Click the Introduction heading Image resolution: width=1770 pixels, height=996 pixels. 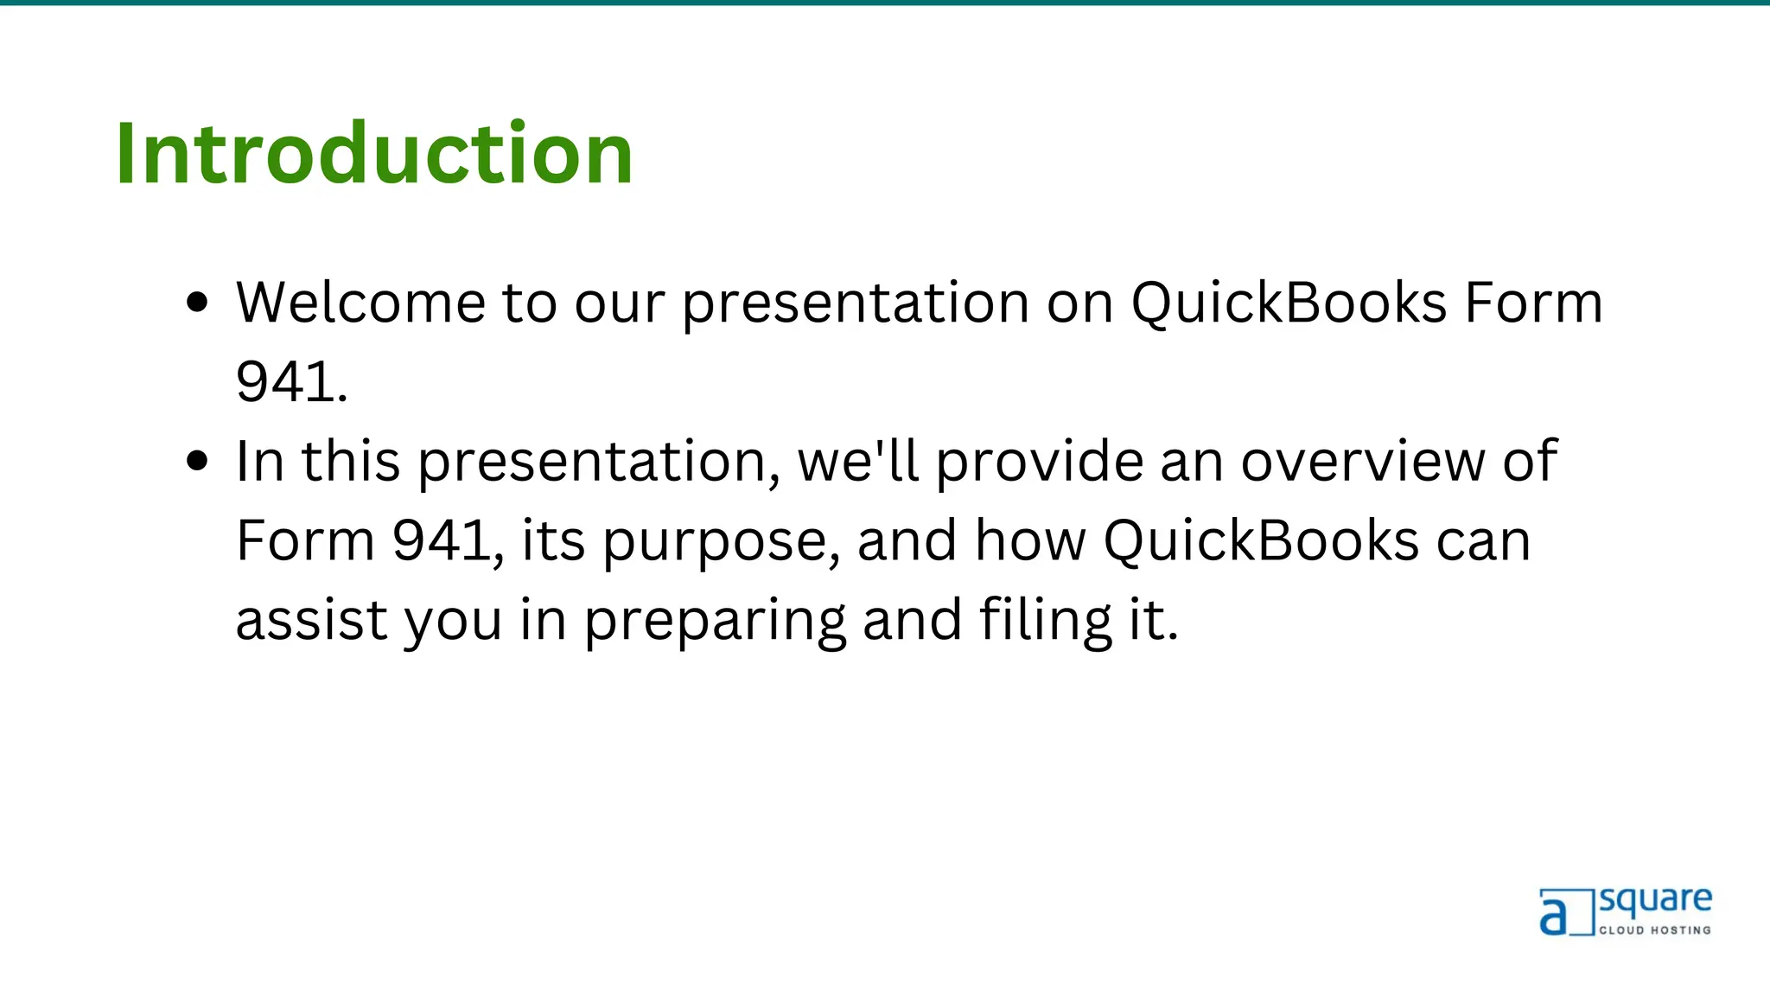click(374, 154)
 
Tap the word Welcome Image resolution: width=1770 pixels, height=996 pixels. click(360, 303)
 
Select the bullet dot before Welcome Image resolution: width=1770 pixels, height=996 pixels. click(198, 303)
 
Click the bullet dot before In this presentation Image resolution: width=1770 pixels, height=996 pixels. click(198, 461)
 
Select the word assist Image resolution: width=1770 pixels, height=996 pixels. click(311, 620)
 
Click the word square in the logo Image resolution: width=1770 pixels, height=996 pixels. click(1655, 902)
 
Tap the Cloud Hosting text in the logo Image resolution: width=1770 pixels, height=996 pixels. click(1654, 930)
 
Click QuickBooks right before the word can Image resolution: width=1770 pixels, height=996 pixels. click(1261, 541)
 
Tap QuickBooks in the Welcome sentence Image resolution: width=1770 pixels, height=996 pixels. click(1289, 303)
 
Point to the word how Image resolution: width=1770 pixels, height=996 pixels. click(1030, 541)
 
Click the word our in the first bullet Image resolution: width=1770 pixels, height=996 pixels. click(620, 303)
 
